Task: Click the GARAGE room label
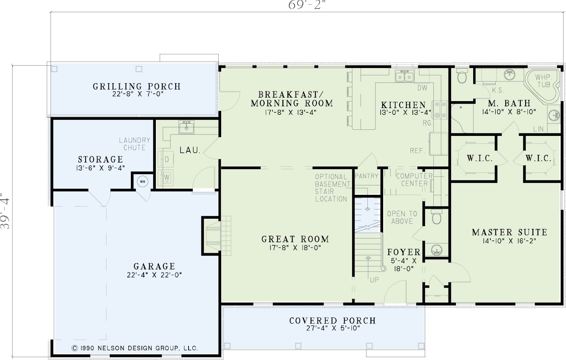[x=154, y=266]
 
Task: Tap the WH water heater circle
[x=143, y=181]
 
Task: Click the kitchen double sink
[x=405, y=76]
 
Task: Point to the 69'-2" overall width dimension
[x=306, y=5]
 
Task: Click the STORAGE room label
[x=100, y=159]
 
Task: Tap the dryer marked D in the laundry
[x=166, y=159]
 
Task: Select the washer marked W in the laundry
[x=166, y=177]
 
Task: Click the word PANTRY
[x=366, y=176]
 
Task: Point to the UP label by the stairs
[x=374, y=280]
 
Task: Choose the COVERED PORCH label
[x=333, y=321]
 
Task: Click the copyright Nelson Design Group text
[x=135, y=348]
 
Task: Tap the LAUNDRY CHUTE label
[x=134, y=144]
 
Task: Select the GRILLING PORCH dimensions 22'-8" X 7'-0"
[x=138, y=94]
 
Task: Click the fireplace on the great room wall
[x=216, y=236]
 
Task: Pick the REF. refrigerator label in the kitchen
[x=418, y=151]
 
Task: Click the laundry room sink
[x=186, y=127]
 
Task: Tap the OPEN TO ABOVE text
[x=402, y=217]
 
